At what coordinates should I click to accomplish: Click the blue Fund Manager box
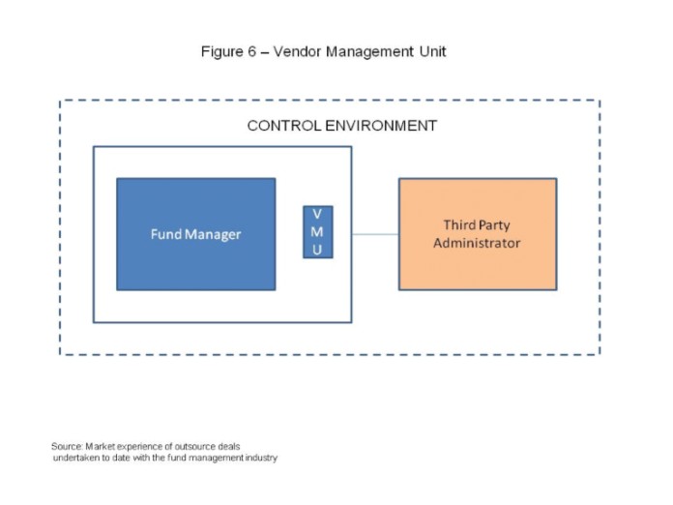[196, 234]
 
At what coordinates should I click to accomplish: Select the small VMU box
[318, 232]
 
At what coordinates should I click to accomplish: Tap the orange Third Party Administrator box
[478, 234]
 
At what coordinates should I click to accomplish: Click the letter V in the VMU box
[317, 214]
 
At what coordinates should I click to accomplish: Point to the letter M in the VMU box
[317, 232]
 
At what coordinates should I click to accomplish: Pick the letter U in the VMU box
[317, 250]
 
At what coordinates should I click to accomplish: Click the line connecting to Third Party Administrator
[375, 234]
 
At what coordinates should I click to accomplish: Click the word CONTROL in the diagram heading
[284, 126]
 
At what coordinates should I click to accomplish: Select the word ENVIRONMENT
[381, 126]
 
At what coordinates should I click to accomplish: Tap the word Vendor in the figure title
[297, 51]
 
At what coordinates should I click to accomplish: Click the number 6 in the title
[251, 51]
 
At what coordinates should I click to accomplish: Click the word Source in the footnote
[67, 447]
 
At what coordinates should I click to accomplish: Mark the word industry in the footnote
[261, 459]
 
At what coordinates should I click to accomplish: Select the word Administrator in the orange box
[477, 243]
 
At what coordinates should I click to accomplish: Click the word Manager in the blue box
[213, 235]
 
